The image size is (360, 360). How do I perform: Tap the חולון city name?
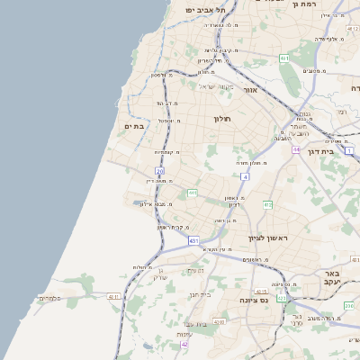click(223, 119)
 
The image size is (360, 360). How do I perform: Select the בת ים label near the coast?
click(134, 127)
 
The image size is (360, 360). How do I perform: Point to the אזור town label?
click(250, 90)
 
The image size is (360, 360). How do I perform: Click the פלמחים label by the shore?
click(50, 297)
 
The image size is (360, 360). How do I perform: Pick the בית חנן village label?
click(199, 294)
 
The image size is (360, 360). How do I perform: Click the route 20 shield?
click(159, 170)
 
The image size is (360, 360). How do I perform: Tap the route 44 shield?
click(295, 149)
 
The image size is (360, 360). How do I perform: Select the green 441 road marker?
click(192, 193)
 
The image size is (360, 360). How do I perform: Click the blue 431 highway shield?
click(193, 241)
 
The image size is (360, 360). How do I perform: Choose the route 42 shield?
click(184, 344)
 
